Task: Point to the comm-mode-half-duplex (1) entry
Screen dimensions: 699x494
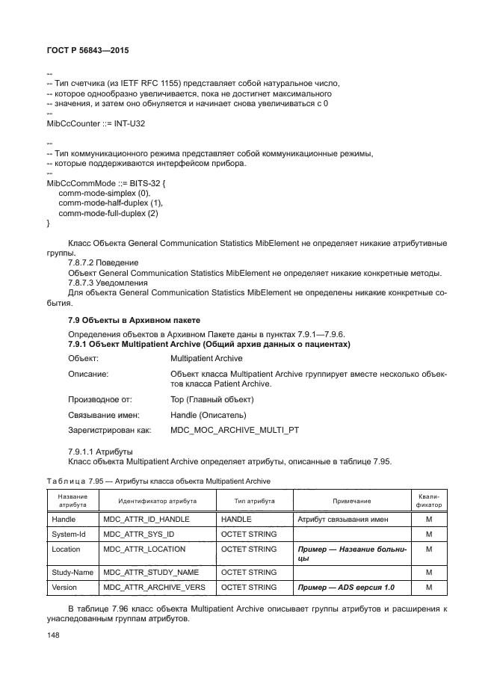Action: pyautogui.click(x=111, y=203)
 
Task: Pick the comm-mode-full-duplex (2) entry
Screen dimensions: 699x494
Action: pyautogui.click(x=108, y=213)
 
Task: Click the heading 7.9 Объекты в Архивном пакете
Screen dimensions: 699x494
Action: pyautogui.click(x=129, y=320)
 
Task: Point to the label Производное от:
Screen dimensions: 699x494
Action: pyautogui.click(x=99, y=399)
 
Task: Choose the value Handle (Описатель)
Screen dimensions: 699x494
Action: pyautogui.click(x=209, y=415)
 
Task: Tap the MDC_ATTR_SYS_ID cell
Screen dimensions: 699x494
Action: pyautogui.click(x=138, y=534)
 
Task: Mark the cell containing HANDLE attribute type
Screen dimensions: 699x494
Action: pyautogui.click(x=237, y=519)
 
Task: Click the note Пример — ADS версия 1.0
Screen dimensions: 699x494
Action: pyautogui.click(x=345, y=588)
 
